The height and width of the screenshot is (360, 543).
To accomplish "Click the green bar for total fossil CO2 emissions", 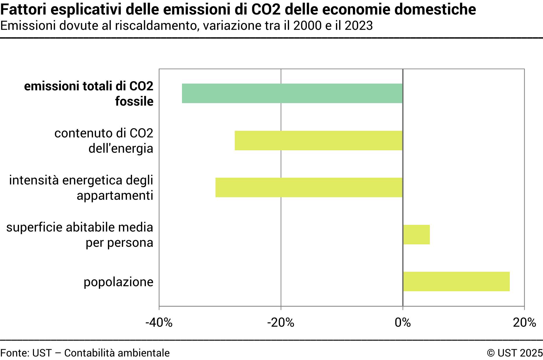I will (x=292, y=93).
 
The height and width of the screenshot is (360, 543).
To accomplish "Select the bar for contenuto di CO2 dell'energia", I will (x=318, y=140).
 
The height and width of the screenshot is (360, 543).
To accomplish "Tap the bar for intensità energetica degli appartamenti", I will (x=309, y=188).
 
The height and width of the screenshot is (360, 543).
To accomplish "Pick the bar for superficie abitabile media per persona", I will (x=416, y=234).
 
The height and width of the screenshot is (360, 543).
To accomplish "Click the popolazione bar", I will (x=456, y=281).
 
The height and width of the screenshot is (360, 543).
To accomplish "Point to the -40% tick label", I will (x=159, y=323).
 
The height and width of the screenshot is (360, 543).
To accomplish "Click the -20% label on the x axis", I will (x=281, y=323).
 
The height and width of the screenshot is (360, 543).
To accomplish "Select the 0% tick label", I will (x=403, y=323).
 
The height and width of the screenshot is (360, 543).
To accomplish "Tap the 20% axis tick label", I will (x=524, y=323).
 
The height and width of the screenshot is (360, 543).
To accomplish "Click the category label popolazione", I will (x=118, y=282).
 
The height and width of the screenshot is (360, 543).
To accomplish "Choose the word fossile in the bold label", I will (x=134, y=101).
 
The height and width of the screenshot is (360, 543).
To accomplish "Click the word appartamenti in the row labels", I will (x=115, y=195).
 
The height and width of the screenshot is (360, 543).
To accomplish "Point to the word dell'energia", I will (x=121, y=149).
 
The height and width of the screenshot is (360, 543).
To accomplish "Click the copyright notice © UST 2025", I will (x=514, y=353).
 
